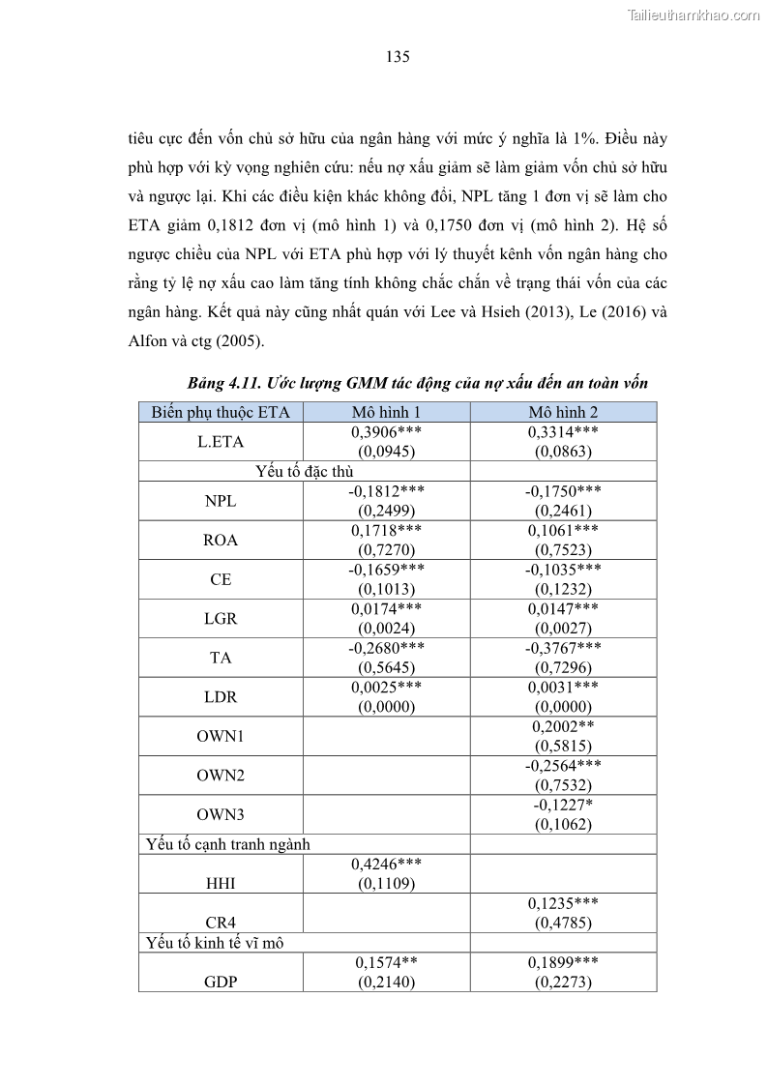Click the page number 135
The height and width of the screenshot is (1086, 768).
(x=398, y=57)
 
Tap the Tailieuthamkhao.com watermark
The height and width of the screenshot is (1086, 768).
(x=694, y=15)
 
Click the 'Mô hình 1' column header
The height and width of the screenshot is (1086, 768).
(x=386, y=412)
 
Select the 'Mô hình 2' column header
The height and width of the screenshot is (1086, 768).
(x=563, y=412)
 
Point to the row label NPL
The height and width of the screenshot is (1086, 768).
(x=221, y=502)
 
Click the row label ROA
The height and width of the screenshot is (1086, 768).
(x=221, y=541)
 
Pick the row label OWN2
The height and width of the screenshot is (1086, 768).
(x=221, y=776)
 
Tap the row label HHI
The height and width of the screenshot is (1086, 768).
(x=221, y=882)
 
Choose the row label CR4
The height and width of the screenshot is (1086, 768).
(x=221, y=921)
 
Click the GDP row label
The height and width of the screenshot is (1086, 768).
(x=221, y=982)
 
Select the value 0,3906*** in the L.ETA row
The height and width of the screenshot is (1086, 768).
(x=386, y=432)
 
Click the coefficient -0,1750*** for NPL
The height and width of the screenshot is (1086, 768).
(x=563, y=491)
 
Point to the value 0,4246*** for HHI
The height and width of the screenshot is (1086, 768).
(x=386, y=864)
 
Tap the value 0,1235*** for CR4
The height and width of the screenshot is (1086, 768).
(x=563, y=902)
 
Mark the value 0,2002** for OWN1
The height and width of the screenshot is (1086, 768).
(x=563, y=726)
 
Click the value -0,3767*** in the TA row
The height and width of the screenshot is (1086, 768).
(x=563, y=648)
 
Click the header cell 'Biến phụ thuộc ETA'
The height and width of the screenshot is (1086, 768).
(x=221, y=412)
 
